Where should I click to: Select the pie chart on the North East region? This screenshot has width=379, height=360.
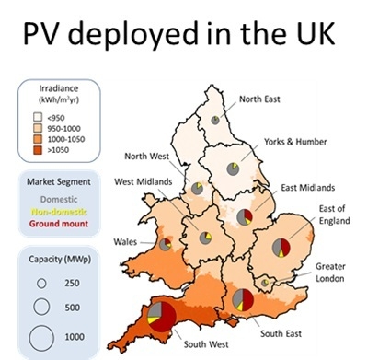(x=214, y=120)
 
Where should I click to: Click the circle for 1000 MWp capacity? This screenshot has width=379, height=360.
(x=40, y=337)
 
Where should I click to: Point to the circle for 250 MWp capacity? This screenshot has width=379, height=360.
(x=40, y=281)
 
